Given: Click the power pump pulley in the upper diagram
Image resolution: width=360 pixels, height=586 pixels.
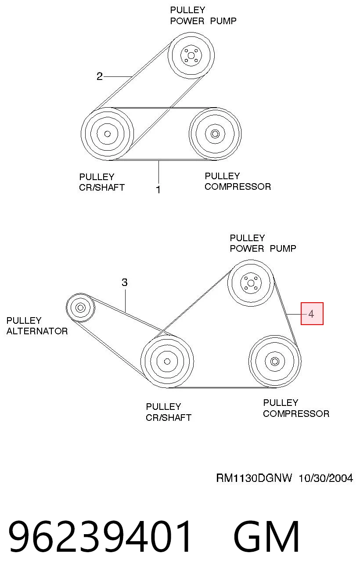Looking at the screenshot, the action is click(x=191, y=55).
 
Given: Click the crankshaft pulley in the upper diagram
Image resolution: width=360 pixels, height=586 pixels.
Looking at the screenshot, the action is click(x=107, y=134).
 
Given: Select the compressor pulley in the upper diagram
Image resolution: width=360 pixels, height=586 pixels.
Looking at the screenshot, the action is click(x=215, y=134).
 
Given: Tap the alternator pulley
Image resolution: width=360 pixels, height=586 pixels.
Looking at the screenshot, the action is click(x=80, y=307).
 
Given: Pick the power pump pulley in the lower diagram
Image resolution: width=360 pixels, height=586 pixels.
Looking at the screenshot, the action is click(x=251, y=283).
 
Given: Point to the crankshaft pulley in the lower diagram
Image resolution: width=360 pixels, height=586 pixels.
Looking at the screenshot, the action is click(x=167, y=361).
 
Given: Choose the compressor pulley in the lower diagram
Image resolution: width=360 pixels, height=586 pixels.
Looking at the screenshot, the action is click(x=275, y=361).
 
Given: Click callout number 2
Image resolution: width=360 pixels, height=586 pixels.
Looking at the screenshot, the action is click(x=100, y=76).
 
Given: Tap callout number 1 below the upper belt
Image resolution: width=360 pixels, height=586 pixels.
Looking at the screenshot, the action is click(x=158, y=189).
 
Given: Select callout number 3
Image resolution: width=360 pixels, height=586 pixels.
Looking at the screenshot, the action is click(x=125, y=282).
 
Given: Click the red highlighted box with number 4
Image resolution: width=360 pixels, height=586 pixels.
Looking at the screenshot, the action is click(x=312, y=314).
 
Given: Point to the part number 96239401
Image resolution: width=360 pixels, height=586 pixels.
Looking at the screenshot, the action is click(x=100, y=536).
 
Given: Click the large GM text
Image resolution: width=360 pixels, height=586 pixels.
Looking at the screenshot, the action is click(x=266, y=536).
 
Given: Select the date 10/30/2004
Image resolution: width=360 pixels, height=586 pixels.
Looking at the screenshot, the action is click(x=326, y=478).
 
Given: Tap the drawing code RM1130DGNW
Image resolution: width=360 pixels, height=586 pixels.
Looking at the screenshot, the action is click(x=254, y=478).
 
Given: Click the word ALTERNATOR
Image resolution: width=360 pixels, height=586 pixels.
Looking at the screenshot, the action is click(x=37, y=331).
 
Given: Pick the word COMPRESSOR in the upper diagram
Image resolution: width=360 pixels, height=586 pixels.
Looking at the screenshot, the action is click(x=238, y=187).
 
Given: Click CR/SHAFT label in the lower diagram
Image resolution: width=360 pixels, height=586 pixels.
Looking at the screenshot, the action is click(x=169, y=418).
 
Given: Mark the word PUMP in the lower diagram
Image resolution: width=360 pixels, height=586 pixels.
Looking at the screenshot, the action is click(x=283, y=249).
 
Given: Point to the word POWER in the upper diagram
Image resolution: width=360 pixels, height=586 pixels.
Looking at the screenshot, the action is click(x=187, y=21).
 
